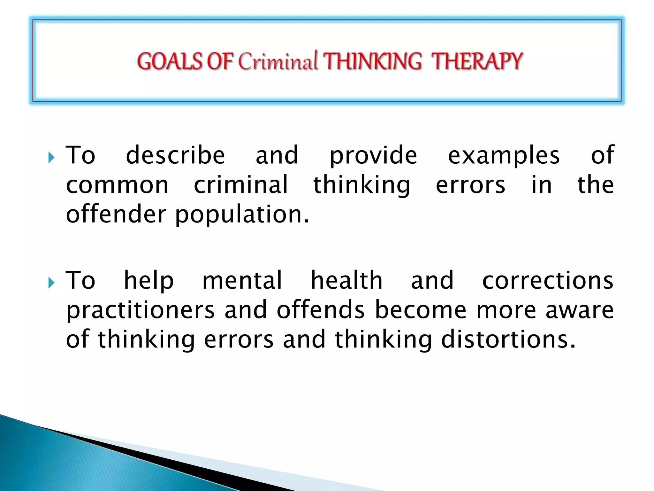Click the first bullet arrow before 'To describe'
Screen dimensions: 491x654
click(x=51, y=157)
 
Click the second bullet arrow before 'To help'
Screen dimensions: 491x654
click(x=51, y=283)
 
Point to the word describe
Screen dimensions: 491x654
click(x=175, y=155)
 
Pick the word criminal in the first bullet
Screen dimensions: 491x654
click(x=241, y=185)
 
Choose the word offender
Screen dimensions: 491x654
click(x=116, y=214)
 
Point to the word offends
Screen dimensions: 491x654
click(x=320, y=310)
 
